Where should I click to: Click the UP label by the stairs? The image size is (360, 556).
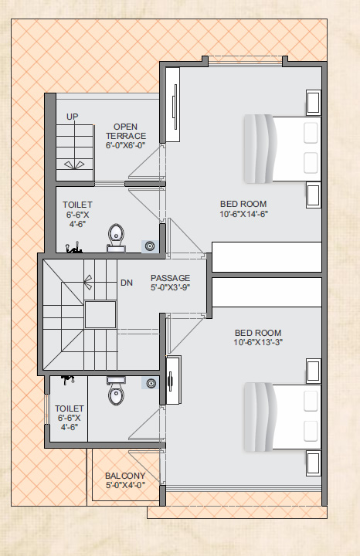(73, 117)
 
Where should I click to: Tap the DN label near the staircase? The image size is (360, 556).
(127, 283)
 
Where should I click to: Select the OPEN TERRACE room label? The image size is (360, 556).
(126, 131)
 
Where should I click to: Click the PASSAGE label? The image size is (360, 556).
(170, 278)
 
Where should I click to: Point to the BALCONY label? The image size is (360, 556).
(125, 476)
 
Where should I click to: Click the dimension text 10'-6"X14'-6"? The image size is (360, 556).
(243, 214)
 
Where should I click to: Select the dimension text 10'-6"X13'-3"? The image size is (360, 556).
(258, 342)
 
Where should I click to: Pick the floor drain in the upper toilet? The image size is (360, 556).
(151, 246)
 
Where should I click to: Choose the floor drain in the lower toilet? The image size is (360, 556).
(151, 383)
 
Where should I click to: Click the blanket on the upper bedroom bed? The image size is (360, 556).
(260, 148)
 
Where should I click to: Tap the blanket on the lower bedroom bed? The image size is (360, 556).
(260, 417)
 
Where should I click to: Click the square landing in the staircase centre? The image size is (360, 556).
(100, 314)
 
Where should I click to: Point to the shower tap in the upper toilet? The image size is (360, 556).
(73, 248)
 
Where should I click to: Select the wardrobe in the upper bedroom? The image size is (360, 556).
(173, 104)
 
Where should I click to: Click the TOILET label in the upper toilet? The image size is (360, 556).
(77, 205)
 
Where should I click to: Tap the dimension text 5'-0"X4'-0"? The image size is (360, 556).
(125, 485)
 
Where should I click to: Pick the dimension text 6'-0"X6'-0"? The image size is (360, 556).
(126, 145)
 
